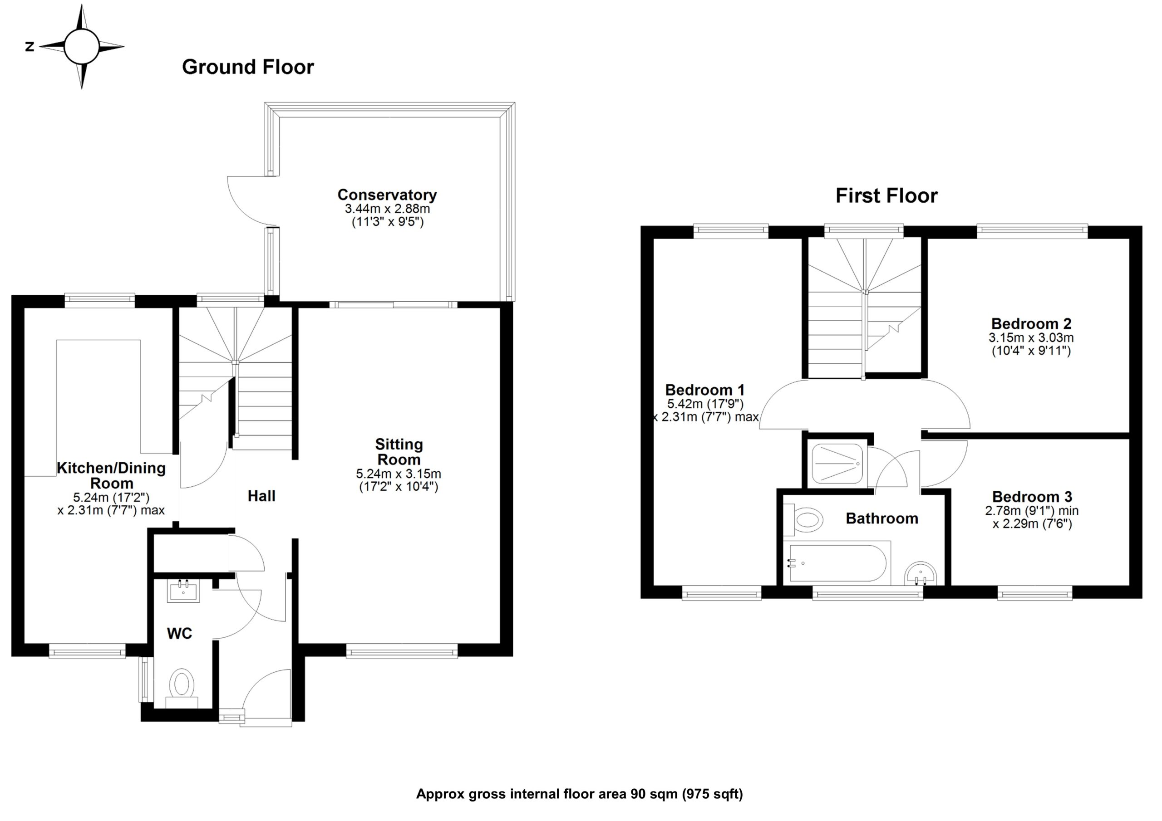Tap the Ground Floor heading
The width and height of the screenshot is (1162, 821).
pyautogui.click(x=247, y=67)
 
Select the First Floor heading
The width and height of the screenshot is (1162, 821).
pyautogui.click(x=886, y=196)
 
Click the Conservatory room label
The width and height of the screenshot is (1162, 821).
pyautogui.click(x=387, y=195)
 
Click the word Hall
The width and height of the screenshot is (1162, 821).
pyautogui.click(x=261, y=496)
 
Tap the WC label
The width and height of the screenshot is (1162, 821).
pyautogui.click(x=179, y=633)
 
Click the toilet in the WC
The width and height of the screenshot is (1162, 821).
pyautogui.click(x=182, y=685)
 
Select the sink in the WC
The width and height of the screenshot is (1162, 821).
pyautogui.click(x=183, y=591)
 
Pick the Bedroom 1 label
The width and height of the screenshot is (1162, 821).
pyautogui.click(x=704, y=390)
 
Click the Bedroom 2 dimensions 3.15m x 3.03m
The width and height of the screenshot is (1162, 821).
pyautogui.click(x=1031, y=337)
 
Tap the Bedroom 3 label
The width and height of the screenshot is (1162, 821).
pyautogui.click(x=1032, y=497)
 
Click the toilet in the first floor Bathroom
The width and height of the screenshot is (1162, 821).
pyautogui.click(x=805, y=520)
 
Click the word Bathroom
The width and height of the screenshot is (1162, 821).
pyautogui.click(x=881, y=518)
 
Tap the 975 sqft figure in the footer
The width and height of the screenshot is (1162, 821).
pyautogui.click(x=712, y=794)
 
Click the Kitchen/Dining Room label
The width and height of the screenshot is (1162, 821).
pyautogui.click(x=111, y=475)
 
